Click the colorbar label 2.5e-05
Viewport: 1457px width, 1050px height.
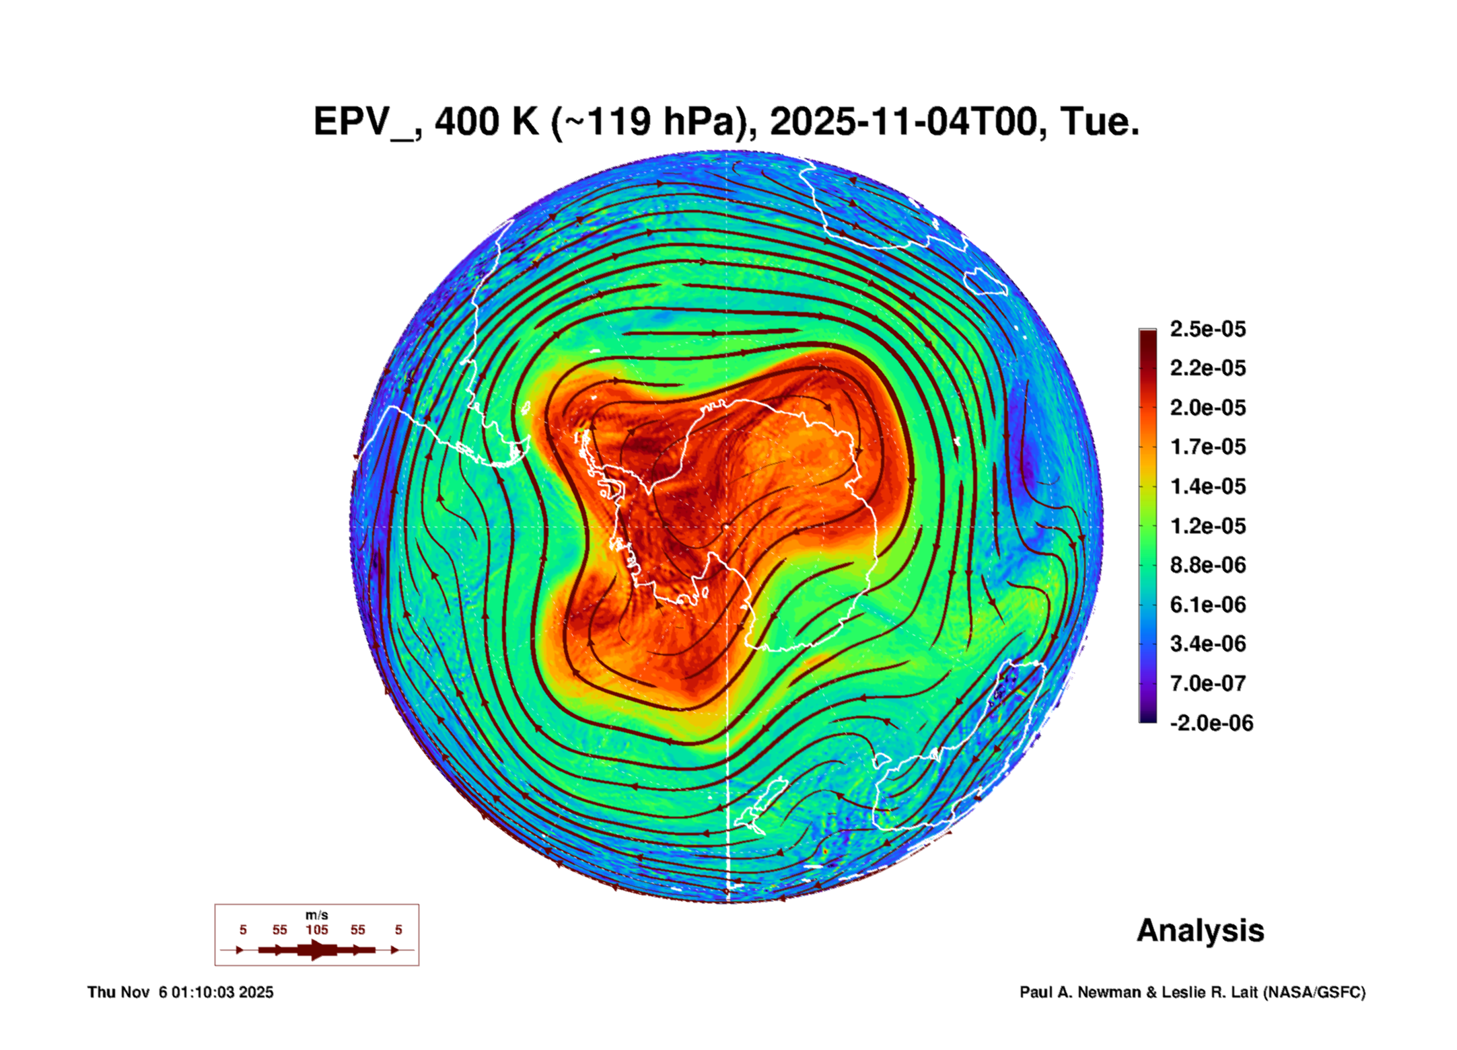[1207, 329]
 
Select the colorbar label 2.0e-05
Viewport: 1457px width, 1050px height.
[1207, 408]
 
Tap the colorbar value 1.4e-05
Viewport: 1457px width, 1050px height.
[1207, 486]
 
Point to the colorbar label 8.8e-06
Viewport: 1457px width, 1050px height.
[1207, 565]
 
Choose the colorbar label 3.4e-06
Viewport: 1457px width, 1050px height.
[1207, 644]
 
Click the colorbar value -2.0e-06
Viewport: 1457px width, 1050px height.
[1211, 723]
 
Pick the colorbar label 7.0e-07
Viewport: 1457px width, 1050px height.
[1207, 683]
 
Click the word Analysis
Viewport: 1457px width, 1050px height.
[1200, 930]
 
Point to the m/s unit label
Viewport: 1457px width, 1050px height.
[316, 915]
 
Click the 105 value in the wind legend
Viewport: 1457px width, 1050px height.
[316, 930]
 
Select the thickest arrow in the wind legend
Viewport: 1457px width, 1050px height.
[317, 950]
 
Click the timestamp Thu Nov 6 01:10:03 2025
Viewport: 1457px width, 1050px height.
[180, 992]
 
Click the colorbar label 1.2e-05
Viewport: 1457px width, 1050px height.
[1207, 526]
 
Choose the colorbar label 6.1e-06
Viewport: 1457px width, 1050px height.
[1207, 605]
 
